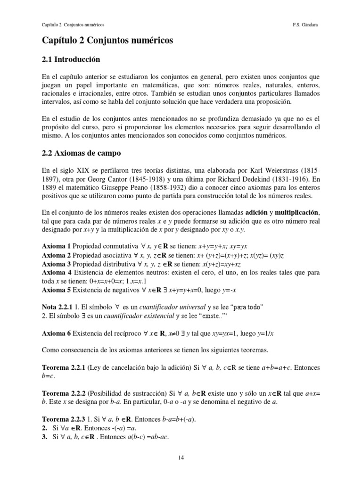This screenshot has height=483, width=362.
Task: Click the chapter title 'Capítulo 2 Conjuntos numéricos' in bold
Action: tap(107, 41)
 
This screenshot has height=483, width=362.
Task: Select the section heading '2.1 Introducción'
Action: tap(71, 60)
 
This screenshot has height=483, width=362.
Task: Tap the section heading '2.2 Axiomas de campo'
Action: tap(82, 153)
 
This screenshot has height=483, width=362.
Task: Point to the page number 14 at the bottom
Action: tap(181, 457)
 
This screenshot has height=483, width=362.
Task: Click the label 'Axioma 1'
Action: tap(56, 246)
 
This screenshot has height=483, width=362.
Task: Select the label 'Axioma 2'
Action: tap(56, 255)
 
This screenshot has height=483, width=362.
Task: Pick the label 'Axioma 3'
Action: tap(56, 264)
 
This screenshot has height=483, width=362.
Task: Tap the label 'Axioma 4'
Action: tap(56, 273)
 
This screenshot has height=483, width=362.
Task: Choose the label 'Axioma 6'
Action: tap(56, 333)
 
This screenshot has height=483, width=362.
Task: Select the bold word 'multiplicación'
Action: tap(296, 212)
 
